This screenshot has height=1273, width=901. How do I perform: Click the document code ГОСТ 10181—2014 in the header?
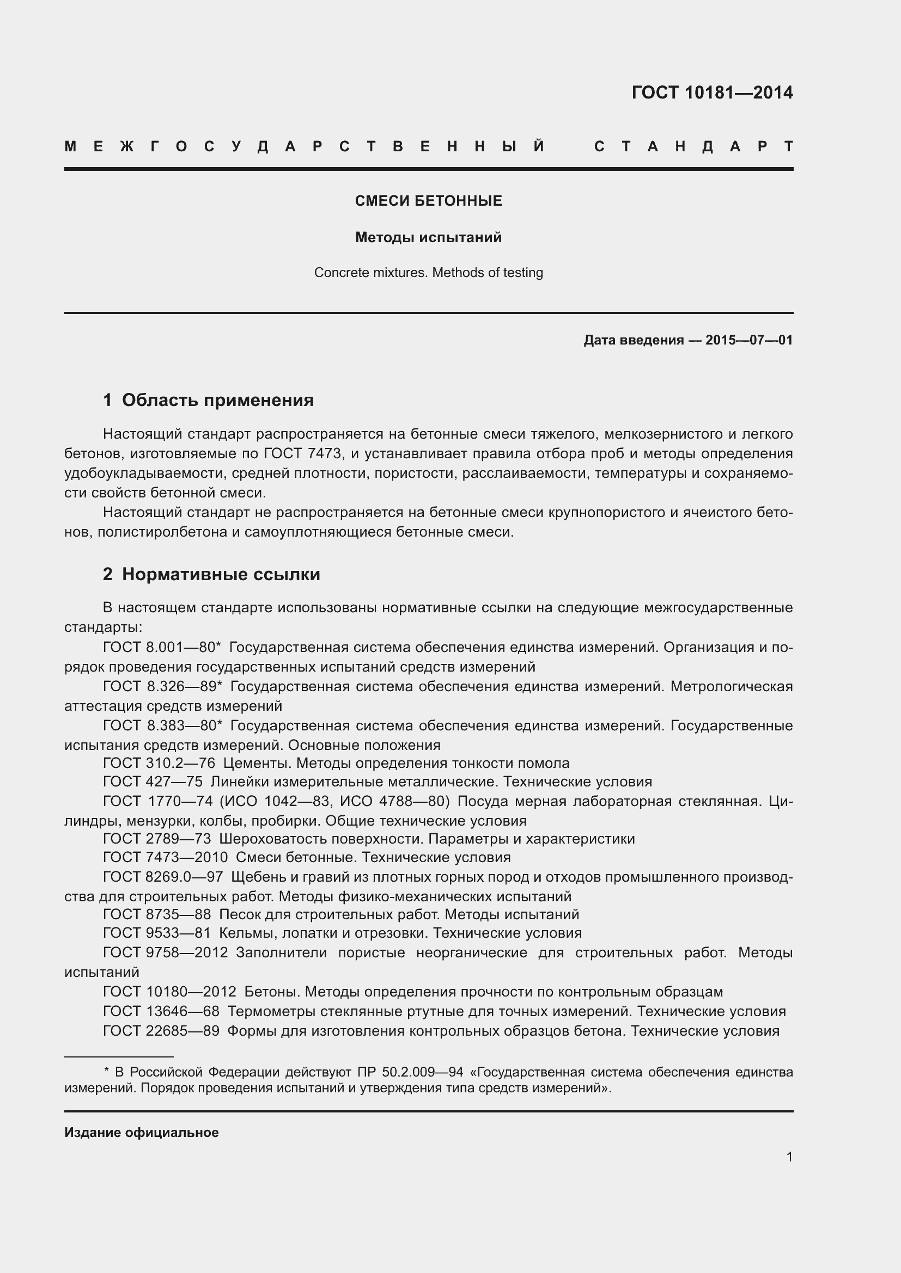click(712, 93)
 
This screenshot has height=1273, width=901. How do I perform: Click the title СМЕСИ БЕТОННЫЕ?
click(428, 201)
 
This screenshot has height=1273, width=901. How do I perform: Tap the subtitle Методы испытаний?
click(428, 237)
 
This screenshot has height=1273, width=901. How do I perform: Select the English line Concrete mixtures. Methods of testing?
click(428, 273)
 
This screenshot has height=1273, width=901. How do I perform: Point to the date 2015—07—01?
click(748, 340)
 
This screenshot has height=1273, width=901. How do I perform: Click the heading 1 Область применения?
click(208, 400)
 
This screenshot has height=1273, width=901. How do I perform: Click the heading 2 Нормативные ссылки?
click(211, 574)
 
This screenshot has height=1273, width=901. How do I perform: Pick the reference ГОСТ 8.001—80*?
click(162, 647)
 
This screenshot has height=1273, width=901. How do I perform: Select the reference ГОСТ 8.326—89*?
click(162, 686)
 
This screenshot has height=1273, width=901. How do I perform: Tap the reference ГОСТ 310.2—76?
click(159, 763)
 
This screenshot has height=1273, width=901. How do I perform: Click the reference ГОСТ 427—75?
click(153, 782)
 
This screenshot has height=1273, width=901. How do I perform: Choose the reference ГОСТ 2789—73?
click(157, 839)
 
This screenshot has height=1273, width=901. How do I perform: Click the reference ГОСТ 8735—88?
click(157, 914)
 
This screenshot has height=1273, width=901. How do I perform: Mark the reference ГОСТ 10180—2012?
click(170, 991)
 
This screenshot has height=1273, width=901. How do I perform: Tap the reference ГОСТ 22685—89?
click(161, 1031)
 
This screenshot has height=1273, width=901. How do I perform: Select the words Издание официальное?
click(142, 1132)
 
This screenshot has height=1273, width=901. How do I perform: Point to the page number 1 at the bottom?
click(789, 1157)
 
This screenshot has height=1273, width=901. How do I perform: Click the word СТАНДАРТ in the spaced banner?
click(693, 146)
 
